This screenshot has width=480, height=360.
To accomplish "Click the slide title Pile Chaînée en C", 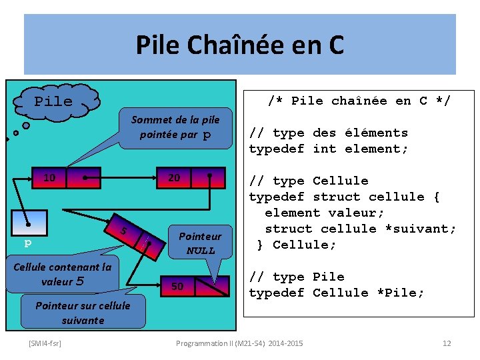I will [240, 45].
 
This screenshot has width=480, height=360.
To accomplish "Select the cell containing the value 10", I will [50, 178].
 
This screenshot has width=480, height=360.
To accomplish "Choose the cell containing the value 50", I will [177, 287].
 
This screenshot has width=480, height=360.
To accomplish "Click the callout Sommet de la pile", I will [175, 127].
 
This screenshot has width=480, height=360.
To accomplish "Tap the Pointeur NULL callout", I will [200, 243].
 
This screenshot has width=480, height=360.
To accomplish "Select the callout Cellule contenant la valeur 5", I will [63, 274].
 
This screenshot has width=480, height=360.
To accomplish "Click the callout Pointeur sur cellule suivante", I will [83, 313].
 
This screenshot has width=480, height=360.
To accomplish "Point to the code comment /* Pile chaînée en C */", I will [359, 101].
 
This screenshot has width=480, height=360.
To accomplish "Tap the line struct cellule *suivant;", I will [360, 229].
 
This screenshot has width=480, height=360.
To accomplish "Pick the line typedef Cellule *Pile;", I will [336, 293].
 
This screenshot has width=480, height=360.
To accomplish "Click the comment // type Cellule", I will [308, 181].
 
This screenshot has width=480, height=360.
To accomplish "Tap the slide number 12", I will [447, 343].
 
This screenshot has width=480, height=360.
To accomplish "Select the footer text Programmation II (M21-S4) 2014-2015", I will [239, 343].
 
